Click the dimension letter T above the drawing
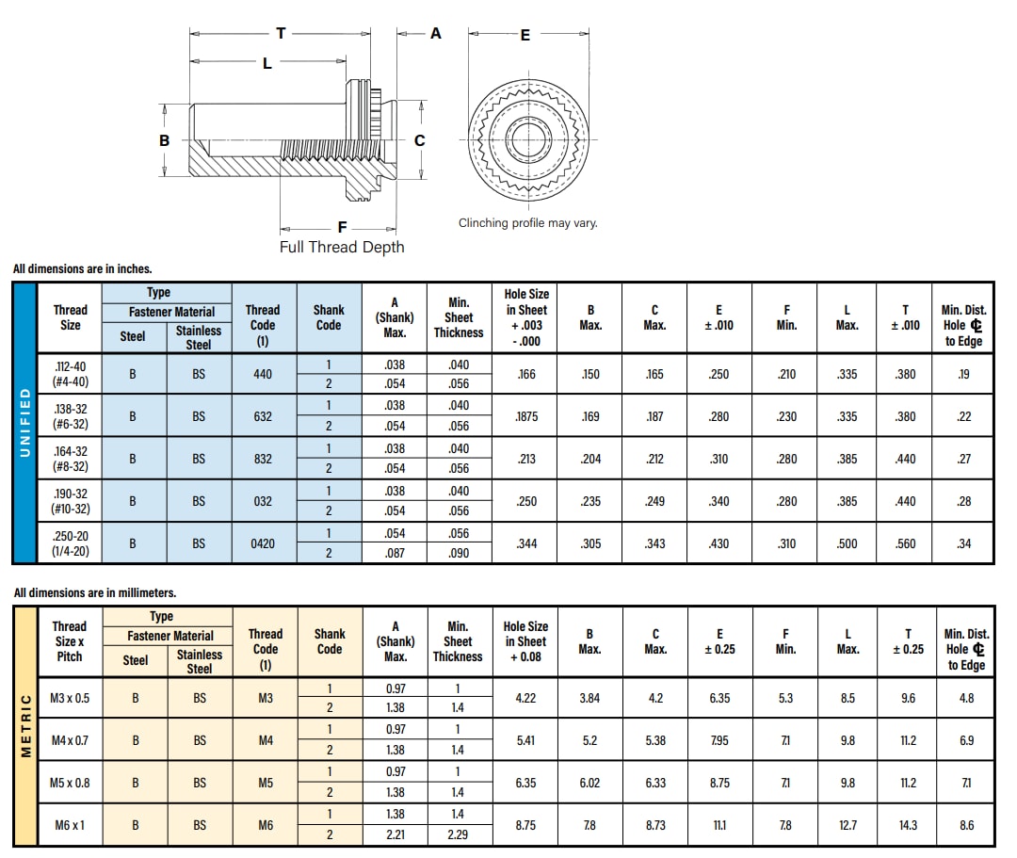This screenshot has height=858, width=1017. point(281,33)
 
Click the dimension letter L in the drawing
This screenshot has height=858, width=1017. point(266,63)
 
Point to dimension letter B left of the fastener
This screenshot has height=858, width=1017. point(164,139)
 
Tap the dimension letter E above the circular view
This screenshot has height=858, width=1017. point(525,35)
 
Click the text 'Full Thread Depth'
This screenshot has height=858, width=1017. point(342,247)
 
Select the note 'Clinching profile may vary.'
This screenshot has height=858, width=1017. point(527,223)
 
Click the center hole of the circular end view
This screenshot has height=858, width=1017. point(528,139)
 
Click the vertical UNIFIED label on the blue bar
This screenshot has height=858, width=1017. point(24,423)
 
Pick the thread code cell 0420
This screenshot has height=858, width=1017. point(263,543)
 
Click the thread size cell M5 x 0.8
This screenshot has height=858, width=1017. point(70,783)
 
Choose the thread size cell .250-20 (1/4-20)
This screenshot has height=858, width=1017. point(70,543)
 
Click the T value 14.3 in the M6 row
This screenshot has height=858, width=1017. point(908,825)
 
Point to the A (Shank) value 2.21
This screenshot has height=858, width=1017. point(395,834)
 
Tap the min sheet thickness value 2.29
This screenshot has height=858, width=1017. point(458,834)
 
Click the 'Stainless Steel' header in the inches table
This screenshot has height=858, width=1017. point(199,337)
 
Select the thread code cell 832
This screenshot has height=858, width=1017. point(263,459)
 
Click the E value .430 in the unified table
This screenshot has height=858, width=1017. point(718,543)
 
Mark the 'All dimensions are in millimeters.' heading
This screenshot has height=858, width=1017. point(95,593)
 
